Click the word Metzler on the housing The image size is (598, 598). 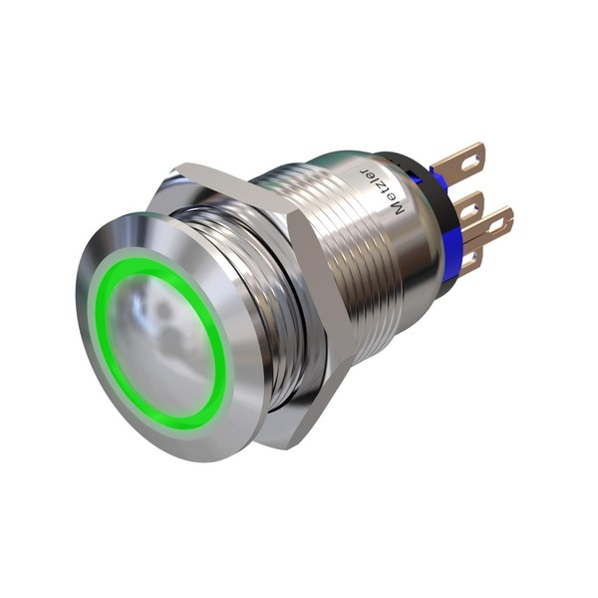click(383, 190)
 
